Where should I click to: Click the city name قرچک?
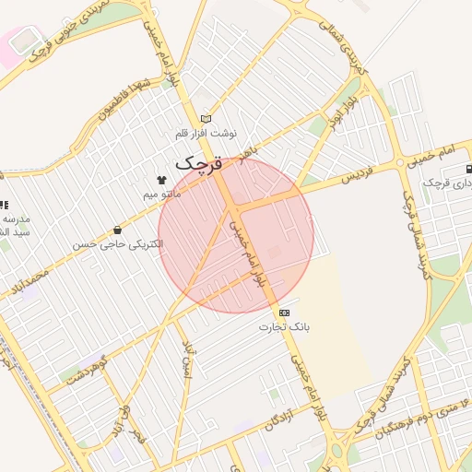point(198,164)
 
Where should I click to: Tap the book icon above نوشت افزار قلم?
point(206,118)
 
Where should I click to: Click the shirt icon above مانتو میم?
point(162,181)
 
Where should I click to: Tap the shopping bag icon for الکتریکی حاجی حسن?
point(117,230)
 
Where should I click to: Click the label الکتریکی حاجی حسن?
point(117,244)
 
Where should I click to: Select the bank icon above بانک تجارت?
point(284,313)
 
